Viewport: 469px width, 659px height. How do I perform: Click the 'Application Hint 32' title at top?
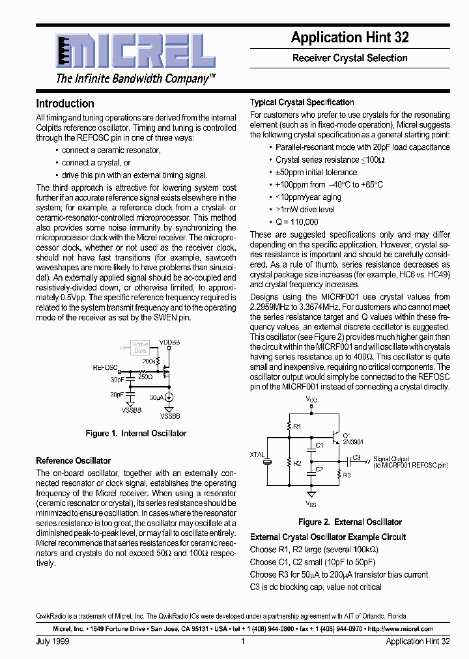coord(350,38)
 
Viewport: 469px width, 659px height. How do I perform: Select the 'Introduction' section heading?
coord(65,104)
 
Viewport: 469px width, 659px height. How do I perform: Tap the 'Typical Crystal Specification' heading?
coord(302,102)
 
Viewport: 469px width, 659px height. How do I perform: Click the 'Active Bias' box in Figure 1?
coord(140,347)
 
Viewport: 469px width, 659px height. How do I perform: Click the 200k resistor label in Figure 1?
coord(149,360)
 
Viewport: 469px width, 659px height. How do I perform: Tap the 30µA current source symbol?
coord(169,397)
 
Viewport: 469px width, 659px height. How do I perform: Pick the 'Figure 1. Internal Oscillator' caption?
coord(136,433)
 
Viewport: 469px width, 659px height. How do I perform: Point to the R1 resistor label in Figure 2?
coord(297,426)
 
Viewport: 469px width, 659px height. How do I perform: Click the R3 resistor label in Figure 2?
coord(347,475)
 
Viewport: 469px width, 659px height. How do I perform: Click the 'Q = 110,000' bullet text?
coord(297,222)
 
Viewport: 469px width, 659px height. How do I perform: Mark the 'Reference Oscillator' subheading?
coord(74,460)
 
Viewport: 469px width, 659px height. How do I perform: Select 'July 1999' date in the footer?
coord(53,641)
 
